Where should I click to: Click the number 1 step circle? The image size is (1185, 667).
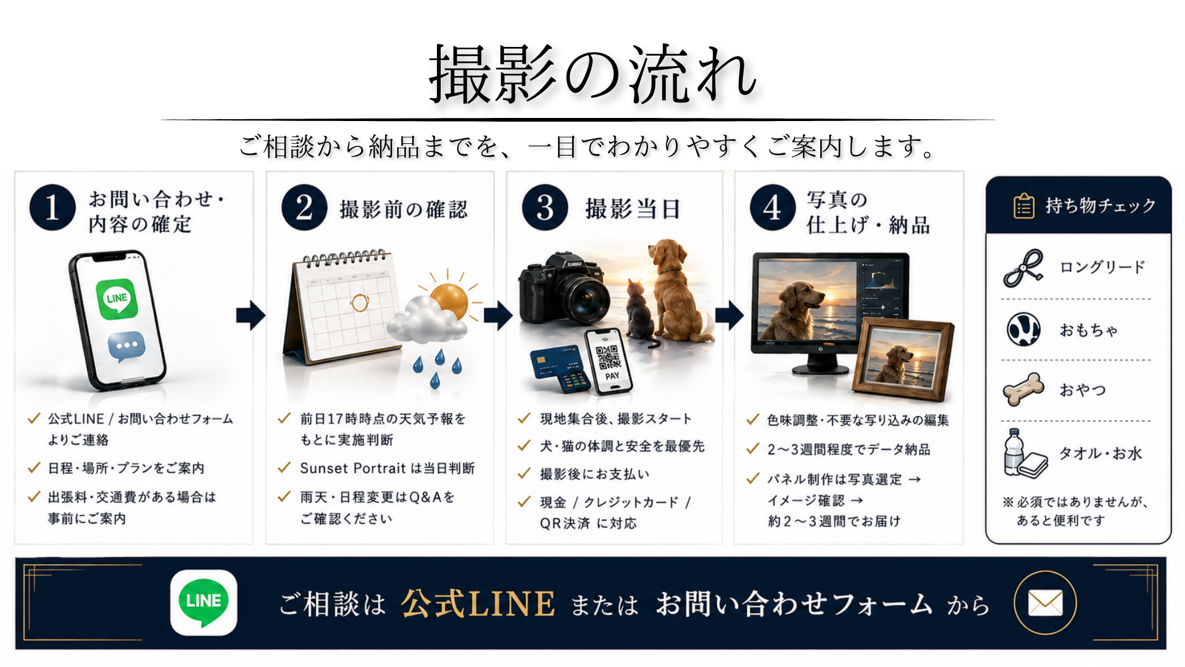[x=52, y=208]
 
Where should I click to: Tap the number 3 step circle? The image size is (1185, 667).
[x=545, y=208]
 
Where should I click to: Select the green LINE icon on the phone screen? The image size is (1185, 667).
[x=117, y=299]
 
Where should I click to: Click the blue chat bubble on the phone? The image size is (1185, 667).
[x=127, y=346]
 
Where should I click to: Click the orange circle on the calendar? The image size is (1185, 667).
[x=359, y=302]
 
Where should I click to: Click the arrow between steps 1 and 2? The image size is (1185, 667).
[x=251, y=315]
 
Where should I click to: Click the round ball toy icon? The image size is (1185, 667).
[x=1024, y=329]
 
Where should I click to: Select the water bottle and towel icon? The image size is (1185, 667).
[x=1025, y=453]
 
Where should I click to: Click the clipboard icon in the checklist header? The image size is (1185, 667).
[x=1024, y=206]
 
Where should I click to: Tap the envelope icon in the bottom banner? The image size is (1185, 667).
[x=1046, y=603]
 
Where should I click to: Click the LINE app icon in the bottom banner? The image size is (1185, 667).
[x=204, y=602]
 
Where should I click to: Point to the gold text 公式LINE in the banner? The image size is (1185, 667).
[x=478, y=603]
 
